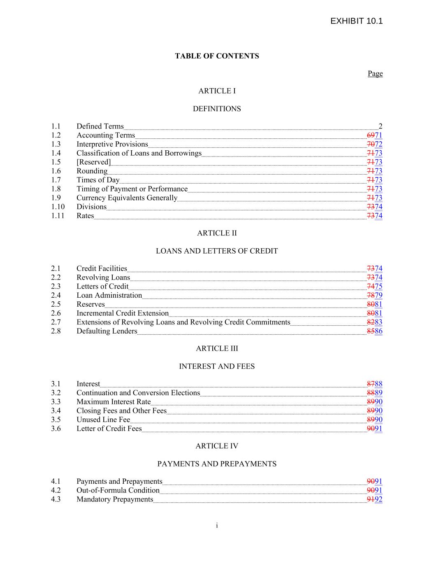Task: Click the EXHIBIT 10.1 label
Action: [x=356, y=21]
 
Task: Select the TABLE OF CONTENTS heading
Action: [x=217, y=56]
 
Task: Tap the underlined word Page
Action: [x=375, y=73]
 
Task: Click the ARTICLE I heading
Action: [x=217, y=91]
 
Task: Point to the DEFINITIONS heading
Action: [x=217, y=109]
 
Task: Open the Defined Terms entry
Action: [x=100, y=126]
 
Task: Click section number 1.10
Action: [x=58, y=207]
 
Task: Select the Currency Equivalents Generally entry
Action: [x=127, y=198]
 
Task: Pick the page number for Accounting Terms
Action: [x=374, y=135]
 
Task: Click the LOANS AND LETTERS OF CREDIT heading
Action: [x=217, y=251]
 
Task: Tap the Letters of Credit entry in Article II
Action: [x=102, y=287]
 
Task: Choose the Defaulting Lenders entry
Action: [x=107, y=331]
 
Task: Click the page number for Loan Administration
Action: [x=374, y=295]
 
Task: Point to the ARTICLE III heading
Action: [x=217, y=348]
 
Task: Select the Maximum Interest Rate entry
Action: [x=114, y=402]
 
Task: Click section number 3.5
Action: [x=56, y=420]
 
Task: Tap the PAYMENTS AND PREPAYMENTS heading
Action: [x=217, y=464]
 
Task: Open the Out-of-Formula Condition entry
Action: [x=118, y=490]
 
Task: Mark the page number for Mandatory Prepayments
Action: [x=374, y=499]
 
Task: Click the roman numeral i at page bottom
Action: [x=217, y=525]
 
